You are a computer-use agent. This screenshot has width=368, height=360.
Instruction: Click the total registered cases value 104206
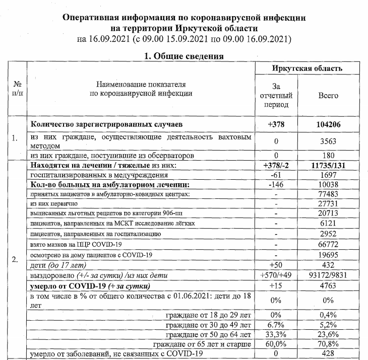click(x=328, y=123)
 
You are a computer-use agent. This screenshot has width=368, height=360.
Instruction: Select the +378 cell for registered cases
click(x=276, y=123)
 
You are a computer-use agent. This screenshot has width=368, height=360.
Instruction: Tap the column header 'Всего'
click(x=328, y=95)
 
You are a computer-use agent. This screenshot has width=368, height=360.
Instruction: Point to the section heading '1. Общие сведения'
click(x=184, y=56)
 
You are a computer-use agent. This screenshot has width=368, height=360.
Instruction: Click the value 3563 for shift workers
click(x=328, y=141)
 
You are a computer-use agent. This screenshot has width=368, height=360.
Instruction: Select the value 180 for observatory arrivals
click(x=328, y=156)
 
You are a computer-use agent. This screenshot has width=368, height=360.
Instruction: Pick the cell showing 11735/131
click(x=328, y=166)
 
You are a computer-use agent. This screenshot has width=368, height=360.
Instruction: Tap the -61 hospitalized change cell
click(x=276, y=175)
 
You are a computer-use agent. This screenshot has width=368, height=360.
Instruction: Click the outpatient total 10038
click(x=328, y=184)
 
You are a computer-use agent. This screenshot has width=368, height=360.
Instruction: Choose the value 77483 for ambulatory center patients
click(x=328, y=194)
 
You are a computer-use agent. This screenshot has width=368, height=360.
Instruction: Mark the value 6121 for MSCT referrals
click(x=328, y=223)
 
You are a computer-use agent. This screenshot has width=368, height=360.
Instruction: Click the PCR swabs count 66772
click(x=328, y=244)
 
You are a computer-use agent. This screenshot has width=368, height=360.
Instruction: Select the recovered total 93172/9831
click(x=328, y=276)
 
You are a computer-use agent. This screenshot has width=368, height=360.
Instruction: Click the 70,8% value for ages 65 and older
click(x=328, y=344)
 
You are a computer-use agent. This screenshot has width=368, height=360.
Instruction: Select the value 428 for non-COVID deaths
click(x=328, y=354)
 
